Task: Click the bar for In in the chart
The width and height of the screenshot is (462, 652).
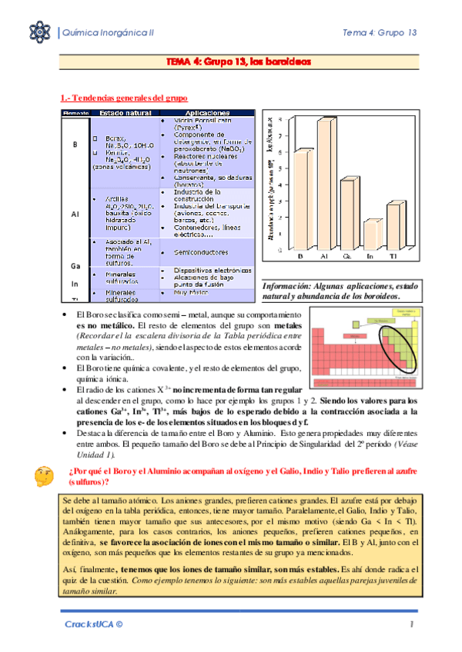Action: [370, 232]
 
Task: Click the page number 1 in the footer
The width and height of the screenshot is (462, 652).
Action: [413, 624]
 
